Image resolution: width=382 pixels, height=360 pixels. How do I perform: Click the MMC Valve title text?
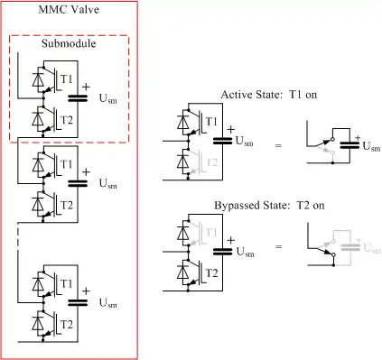click(x=69, y=9)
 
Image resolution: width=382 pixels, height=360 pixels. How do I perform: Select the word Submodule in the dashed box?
click(x=69, y=43)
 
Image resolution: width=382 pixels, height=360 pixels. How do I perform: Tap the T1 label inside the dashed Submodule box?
click(x=67, y=79)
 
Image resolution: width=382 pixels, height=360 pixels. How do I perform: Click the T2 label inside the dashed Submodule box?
click(x=67, y=120)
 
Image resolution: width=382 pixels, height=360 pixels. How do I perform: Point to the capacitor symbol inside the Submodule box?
click(x=78, y=98)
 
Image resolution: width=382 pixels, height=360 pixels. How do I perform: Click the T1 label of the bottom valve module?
click(x=67, y=283)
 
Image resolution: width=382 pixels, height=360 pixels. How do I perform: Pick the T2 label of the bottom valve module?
click(x=67, y=325)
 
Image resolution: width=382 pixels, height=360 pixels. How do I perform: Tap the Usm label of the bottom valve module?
click(x=107, y=303)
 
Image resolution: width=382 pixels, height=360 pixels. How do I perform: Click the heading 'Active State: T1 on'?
click(x=269, y=95)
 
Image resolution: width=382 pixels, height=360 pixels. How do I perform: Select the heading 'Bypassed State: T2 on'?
click(x=269, y=206)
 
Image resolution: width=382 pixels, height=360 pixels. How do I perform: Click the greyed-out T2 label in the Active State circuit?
click(x=212, y=162)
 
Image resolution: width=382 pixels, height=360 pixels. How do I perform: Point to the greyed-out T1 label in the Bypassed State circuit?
click(x=211, y=232)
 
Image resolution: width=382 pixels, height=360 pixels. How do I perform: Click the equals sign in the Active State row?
click(x=278, y=145)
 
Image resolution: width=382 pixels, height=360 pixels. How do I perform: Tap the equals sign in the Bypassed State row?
click(x=278, y=246)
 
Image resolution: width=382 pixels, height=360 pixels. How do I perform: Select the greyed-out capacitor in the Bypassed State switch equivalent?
click(x=350, y=247)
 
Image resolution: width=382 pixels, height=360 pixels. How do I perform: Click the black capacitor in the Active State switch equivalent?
click(x=349, y=145)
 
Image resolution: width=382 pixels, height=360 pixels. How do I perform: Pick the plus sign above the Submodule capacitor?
click(x=86, y=87)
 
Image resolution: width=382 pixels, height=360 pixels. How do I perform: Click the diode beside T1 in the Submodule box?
click(x=38, y=79)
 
